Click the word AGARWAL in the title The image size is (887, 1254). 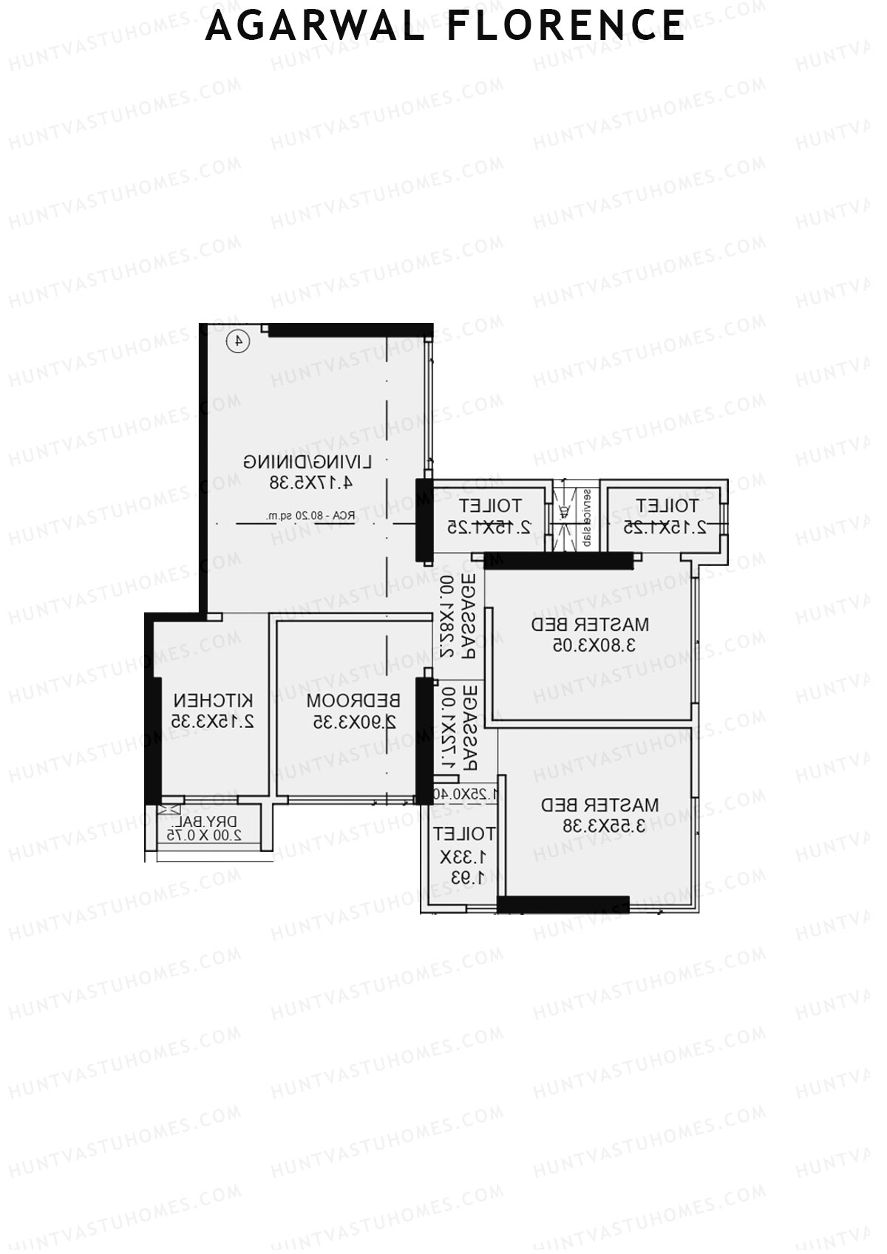(x=315, y=26)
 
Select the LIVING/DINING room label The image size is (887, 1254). (x=307, y=462)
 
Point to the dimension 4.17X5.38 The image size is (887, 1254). (x=310, y=483)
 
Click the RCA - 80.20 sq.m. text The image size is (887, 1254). (x=310, y=516)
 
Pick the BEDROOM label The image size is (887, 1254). (x=353, y=700)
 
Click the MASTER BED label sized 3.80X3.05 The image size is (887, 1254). (x=590, y=624)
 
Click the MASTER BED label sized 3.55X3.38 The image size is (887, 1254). (x=599, y=804)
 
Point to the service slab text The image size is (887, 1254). (x=585, y=517)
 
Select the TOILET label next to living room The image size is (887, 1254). (x=490, y=506)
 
